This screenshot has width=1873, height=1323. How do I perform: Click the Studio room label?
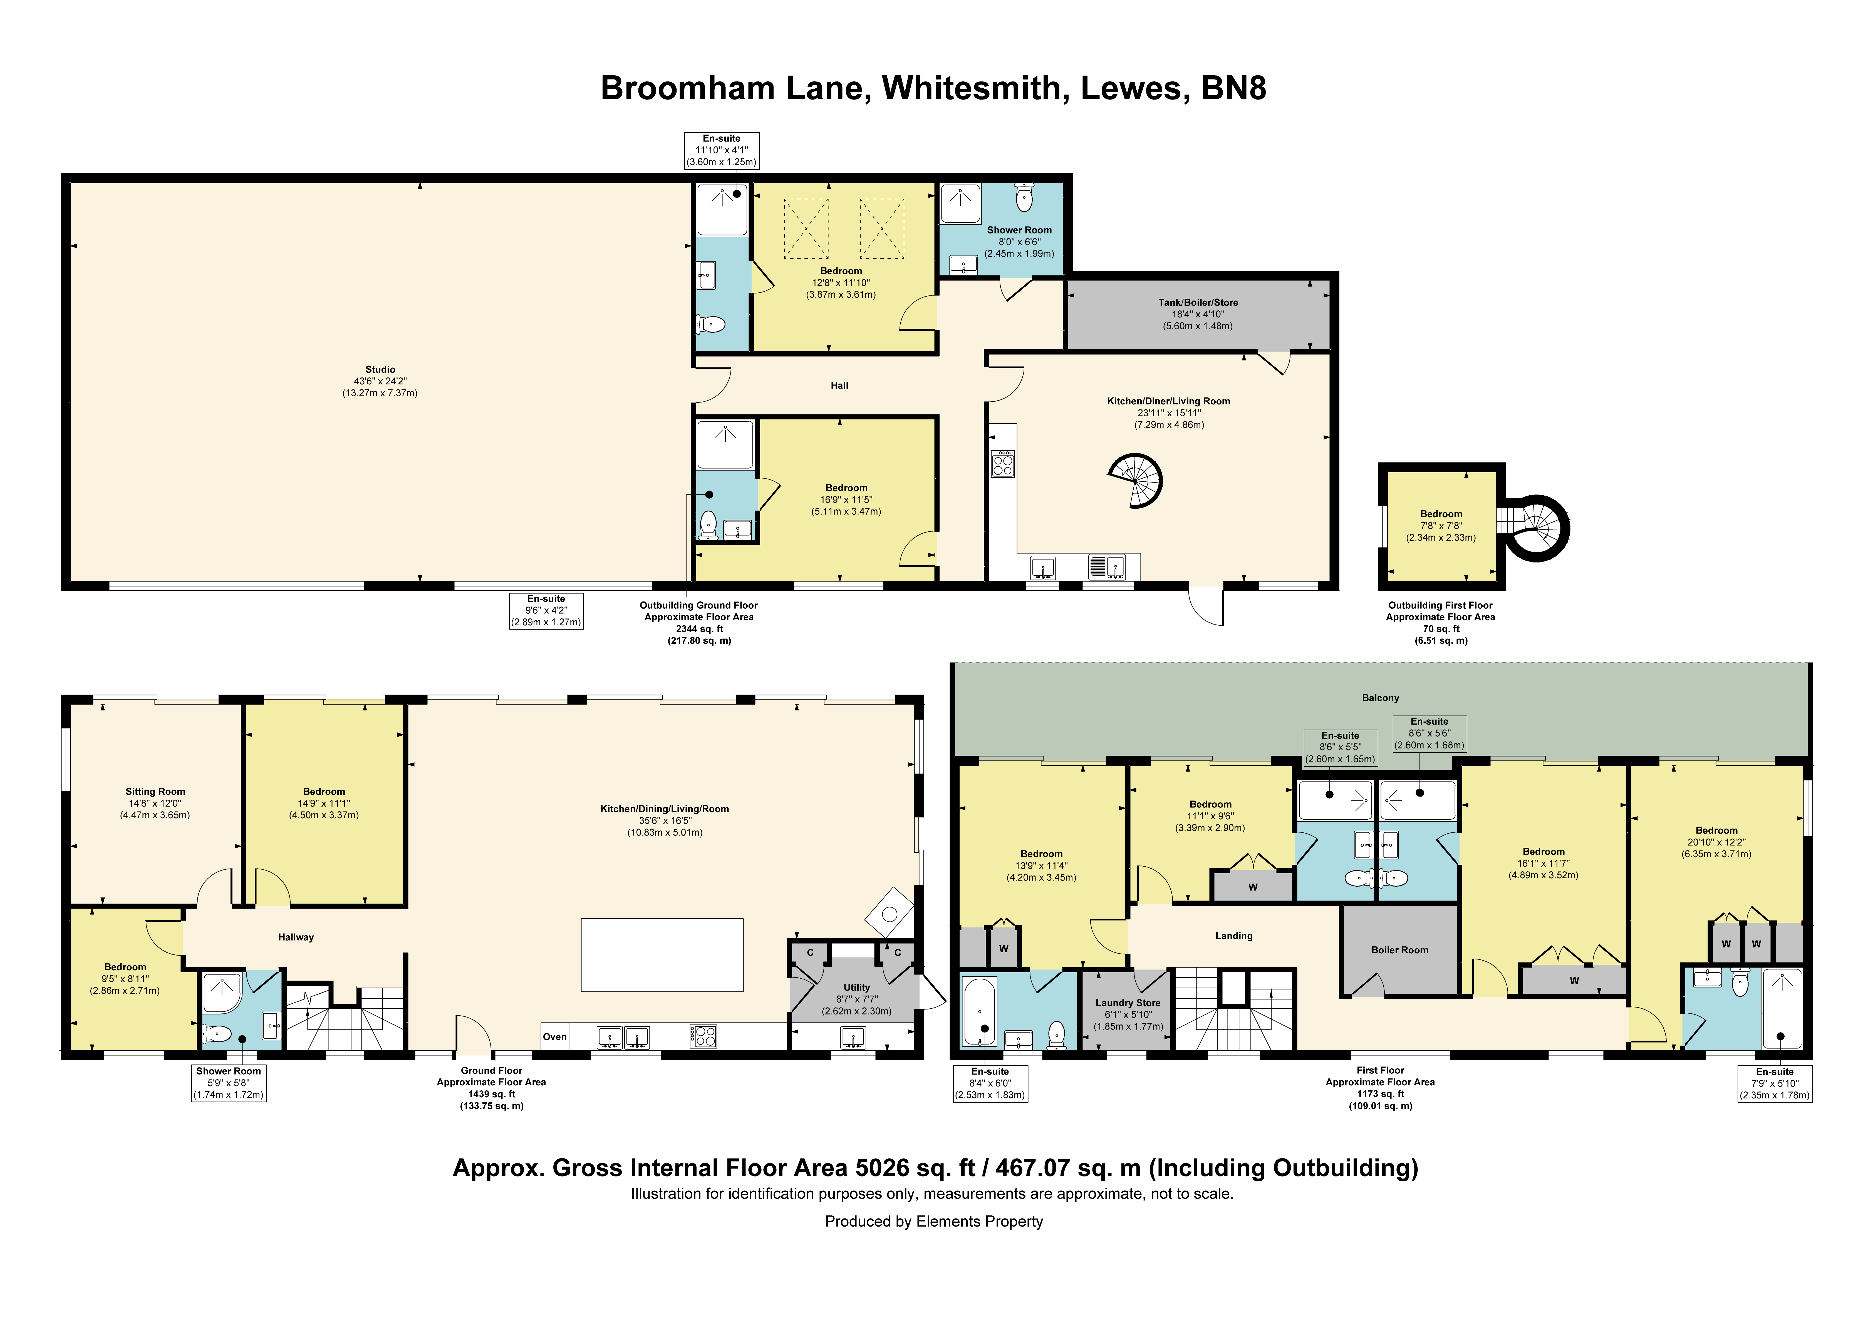pos(380,369)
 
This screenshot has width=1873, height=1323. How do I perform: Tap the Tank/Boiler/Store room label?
pos(1198,303)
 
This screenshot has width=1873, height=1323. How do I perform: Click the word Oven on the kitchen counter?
pos(555,1037)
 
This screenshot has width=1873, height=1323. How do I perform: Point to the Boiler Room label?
pos(1400,950)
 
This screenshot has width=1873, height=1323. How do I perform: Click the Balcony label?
pos(1380,698)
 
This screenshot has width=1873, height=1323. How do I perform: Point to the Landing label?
pos(1233,936)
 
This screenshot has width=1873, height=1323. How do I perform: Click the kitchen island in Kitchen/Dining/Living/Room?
pos(662,955)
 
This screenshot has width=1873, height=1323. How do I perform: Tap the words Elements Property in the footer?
pos(980,1221)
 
